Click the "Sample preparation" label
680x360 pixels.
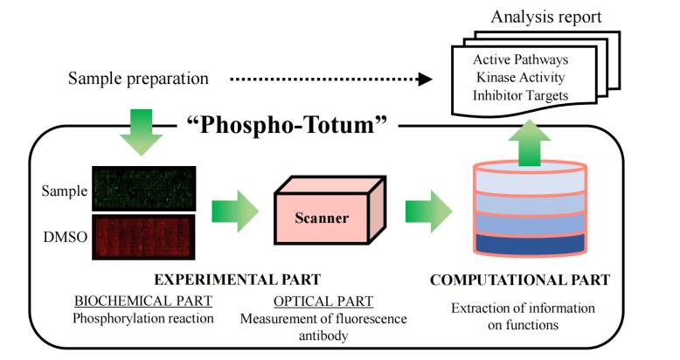point(138,79)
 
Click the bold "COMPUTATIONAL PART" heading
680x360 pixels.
point(520,280)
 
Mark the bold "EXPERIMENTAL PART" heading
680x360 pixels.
point(237,280)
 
